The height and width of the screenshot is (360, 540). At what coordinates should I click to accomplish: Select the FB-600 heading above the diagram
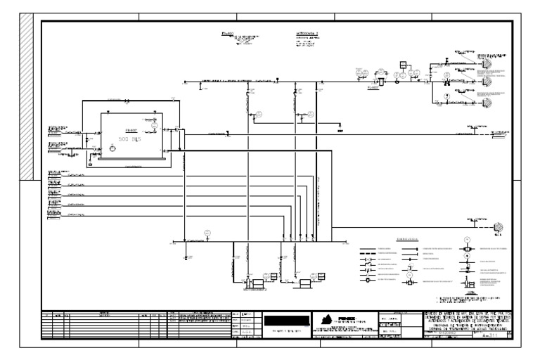(x=226, y=33)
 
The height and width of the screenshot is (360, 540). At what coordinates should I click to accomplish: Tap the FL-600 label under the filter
(x=373, y=89)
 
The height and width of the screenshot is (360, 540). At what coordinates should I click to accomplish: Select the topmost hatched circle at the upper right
(x=485, y=60)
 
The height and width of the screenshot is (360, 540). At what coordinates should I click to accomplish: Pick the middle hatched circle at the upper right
(x=485, y=81)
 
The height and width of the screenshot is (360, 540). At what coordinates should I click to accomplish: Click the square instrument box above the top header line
(x=404, y=65)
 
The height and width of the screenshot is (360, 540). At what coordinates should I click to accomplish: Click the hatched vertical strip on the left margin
(x=28, y=98)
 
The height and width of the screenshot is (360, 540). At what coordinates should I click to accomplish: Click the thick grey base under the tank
(x=133, y=158)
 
